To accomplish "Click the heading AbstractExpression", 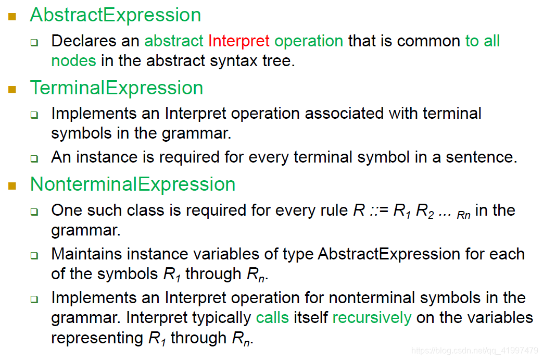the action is pos(116,16).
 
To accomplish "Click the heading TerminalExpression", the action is pos(117,88).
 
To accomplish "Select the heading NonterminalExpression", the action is pos(133,184).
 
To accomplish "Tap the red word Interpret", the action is pos(238,41).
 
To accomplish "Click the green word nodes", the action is pos(73,60).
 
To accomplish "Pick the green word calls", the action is pos(272,318).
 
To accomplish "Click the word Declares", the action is pos(84,41).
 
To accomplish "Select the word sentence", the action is pos(482,157).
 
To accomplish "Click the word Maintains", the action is pos(86,254).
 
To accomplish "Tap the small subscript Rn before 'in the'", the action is pos(464,215).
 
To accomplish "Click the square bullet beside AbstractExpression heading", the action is pos(12,17).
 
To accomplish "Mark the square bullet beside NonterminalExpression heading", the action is pos(12,185).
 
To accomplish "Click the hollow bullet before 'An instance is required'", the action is pos(34,159).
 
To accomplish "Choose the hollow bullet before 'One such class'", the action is pos(34,212).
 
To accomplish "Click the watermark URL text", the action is pos(474,351).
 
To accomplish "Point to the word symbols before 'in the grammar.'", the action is pos(81,134).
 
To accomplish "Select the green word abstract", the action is pos(174,41).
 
